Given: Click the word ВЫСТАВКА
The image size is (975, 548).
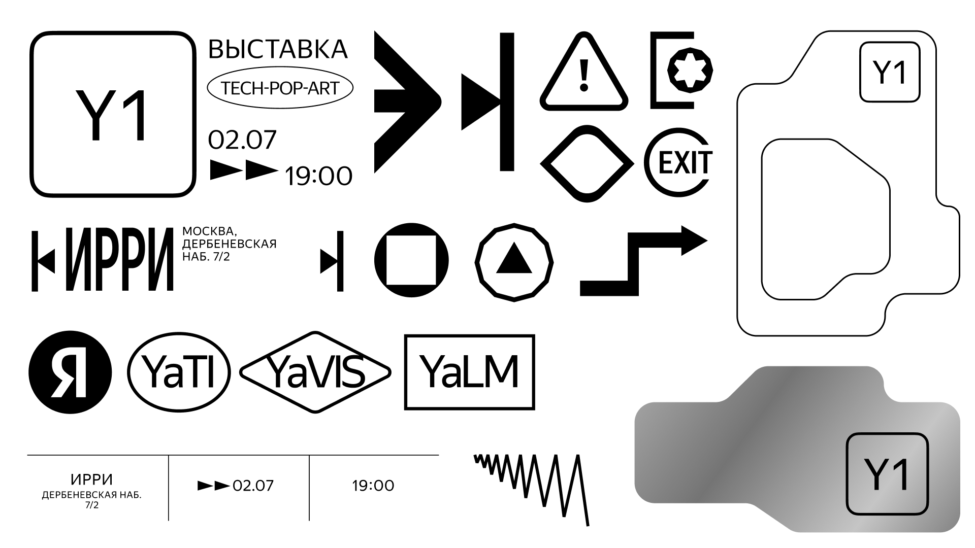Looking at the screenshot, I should pyautogui.click(x=278, y=49).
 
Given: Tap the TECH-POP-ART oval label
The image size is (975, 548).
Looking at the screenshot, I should pyautogui.click(x=280, y=88).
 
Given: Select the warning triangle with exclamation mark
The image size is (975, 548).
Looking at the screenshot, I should pyautogui.click(x=584, y=74).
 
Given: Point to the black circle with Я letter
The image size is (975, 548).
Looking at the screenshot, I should pyautogui.click(x=70, y=371).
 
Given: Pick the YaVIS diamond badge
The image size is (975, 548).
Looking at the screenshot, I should pyautogui.click(x=315, y=372).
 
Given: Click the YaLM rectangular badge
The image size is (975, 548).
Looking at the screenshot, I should pyautogui.click(x=469, y=372).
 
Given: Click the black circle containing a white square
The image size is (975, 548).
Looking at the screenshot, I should pyautogui.click(x=411, y=260).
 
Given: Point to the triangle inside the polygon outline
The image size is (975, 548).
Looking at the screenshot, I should pyautogui.click(x=514, y=260).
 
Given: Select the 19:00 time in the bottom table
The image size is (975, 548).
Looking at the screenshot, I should pyautogui.click(x=373, y=486).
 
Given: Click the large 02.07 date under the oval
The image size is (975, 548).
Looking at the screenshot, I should pyautogui.click(x=243, y=140).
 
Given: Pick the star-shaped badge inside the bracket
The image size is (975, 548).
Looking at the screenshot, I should pyautogui.click(x=690, y=71).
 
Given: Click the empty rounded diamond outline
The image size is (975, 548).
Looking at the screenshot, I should pyautogui.click(x=587, y=163).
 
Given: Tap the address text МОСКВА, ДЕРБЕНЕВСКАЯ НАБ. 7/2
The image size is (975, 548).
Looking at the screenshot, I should pyautogui.click(x=229, y=245).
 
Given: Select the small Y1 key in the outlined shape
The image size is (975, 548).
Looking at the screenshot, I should pyautogui.click(x=890, y=72).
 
